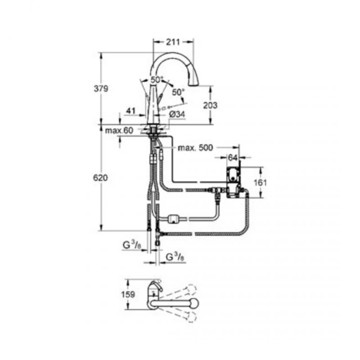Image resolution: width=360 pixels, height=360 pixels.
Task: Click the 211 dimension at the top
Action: pyautogui.click(x=174, y=42)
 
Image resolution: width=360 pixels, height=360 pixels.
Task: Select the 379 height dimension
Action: pyautogui.click(x=101, y=89)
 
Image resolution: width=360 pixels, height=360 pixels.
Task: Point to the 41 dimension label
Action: pyautogui.click(x=130, y=110)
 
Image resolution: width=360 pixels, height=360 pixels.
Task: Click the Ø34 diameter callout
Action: pyautogui.click(x=177, y=115)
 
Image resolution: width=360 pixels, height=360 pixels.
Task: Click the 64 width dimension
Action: pyautogui.click(x=233, y=158)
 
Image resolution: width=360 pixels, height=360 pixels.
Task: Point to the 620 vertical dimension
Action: pyautogui.click(x=101, y=178)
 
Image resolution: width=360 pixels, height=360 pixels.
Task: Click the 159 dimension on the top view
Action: pyautogui.click(x=129, y=296)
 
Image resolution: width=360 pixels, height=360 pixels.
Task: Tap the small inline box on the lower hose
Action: pyautogui.click(x=173, y=219)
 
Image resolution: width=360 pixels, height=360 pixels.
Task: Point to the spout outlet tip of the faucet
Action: pyautogui.click(x=194, y=83)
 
